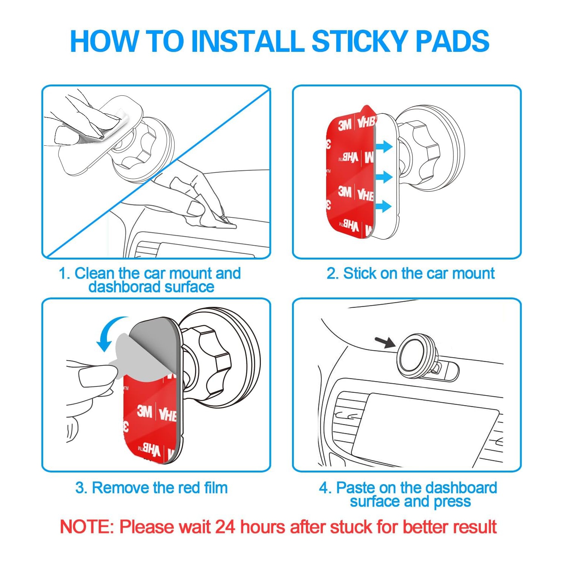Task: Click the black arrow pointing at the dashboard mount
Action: (385, 342)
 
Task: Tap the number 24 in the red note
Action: (225, 527)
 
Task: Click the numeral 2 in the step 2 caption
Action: (332, 273)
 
